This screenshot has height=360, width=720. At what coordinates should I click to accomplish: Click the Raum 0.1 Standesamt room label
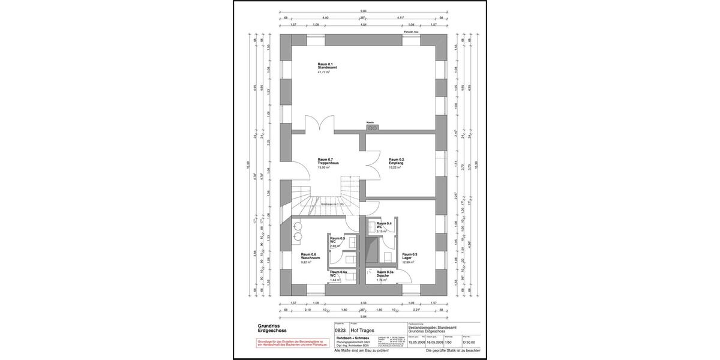tap(326, 67)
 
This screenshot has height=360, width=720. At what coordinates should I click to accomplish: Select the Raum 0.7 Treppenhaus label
tap(329, 163)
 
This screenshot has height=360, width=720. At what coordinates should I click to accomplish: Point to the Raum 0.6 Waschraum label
tap(310, 257)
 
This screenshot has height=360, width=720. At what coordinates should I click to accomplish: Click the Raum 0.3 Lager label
tap(410, 257)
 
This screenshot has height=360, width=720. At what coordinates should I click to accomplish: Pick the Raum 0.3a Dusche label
tap(385, 275)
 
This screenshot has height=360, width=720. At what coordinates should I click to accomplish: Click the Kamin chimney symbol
tap(371, 127)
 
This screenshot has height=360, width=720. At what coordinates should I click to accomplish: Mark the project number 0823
tap(340, 329)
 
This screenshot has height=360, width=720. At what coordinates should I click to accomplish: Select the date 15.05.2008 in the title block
tap(416, 341)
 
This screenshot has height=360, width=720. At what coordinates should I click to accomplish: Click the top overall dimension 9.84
tap(364, 11)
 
